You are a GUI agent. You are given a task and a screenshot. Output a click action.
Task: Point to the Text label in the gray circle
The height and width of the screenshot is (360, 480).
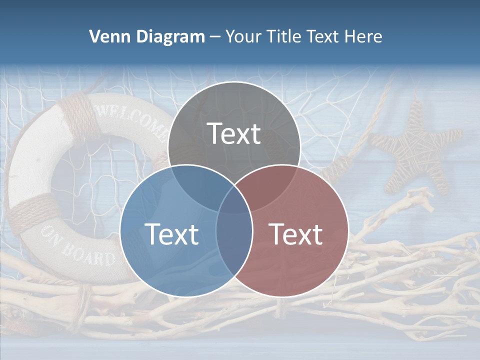click(x=234, y=133)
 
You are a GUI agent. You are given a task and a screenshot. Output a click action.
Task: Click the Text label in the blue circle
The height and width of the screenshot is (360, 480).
click(x=171, y=234)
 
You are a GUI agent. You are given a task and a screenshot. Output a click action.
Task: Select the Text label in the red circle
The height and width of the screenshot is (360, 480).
click(x=296, y=234)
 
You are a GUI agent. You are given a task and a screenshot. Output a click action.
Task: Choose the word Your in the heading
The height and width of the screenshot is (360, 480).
click(x=243, y=36)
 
